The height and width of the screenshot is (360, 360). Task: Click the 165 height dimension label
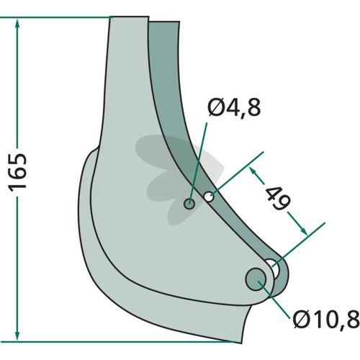(x=17, y=172)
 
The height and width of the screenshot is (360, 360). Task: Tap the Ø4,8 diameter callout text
(x=234, y=107)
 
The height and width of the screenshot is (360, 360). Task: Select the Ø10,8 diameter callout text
(x=326, y=320)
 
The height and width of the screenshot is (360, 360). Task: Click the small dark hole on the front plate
(x=189, y=204)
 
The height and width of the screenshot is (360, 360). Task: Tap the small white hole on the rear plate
(x=209, y=197)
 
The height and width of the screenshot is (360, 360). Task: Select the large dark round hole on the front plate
(x=256, y=279)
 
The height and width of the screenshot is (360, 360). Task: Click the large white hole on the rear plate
(x=274, y=269)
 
